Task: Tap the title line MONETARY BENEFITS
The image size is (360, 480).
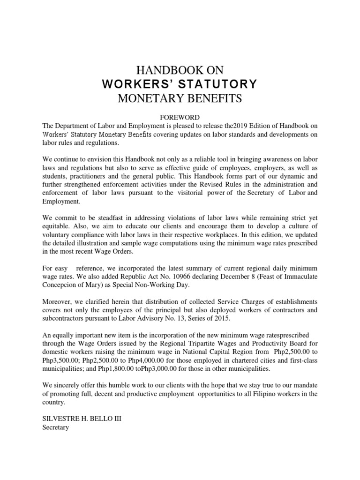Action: coord(180,98)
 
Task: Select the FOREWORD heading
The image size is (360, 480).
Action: coord(180,117)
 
